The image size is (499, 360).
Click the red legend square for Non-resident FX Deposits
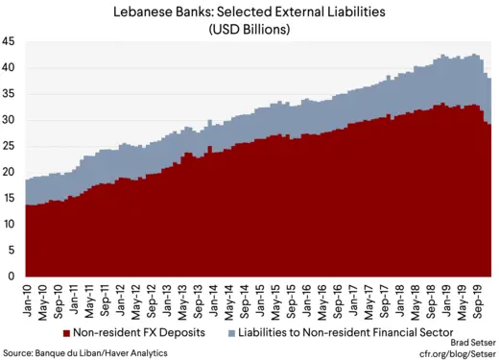[x=66, y=332]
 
